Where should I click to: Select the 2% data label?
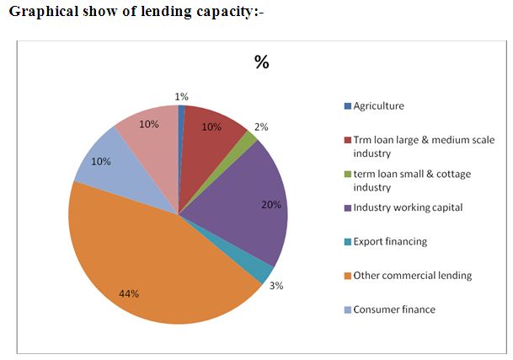click(261, 127)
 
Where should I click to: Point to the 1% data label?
click(182, 96)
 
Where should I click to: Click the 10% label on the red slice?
click(211, 127)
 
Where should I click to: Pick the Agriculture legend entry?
click(378, 106)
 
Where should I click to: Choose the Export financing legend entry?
click(389, 241)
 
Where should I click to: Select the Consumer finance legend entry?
click(393, 309)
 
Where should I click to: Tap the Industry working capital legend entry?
click(408, 207)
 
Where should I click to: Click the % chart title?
click(261, 62)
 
